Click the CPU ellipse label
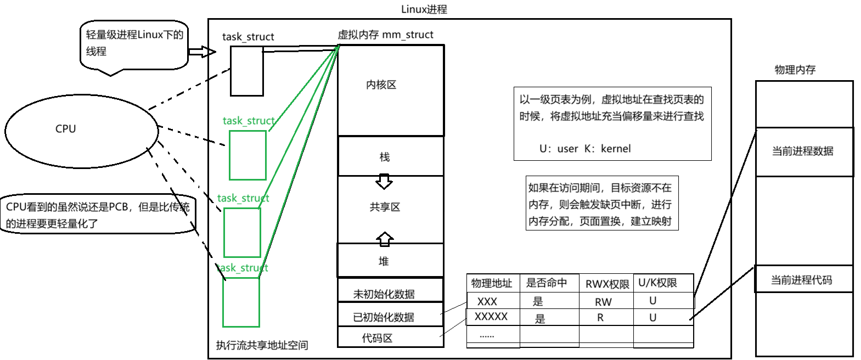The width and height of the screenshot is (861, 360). point(66,129)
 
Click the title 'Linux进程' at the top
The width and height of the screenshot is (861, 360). point(424,9)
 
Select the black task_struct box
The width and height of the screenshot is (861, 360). point(246,71)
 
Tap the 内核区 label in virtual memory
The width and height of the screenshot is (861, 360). point(381,85)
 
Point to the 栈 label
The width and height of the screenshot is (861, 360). point(384,157)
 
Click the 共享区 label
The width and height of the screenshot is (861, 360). point(385,207)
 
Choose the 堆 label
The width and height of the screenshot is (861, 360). point(384,261)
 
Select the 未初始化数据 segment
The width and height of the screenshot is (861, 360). point(384,294)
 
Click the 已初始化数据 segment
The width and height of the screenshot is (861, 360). point(384,317)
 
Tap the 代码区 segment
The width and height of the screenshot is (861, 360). point(377,338)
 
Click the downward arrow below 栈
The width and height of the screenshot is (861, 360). point(384,182)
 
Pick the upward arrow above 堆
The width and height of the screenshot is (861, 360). point(385,238)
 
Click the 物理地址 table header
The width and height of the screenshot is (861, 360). point(492,283)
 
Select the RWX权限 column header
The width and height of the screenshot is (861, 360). point(607,284)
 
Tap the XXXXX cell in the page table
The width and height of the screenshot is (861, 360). point(491,317)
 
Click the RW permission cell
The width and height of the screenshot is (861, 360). point(603,302)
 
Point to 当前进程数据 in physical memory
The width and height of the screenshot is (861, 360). point(802,151)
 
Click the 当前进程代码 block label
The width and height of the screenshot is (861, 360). point(801,280)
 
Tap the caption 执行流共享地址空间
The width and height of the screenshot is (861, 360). point(262,345)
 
